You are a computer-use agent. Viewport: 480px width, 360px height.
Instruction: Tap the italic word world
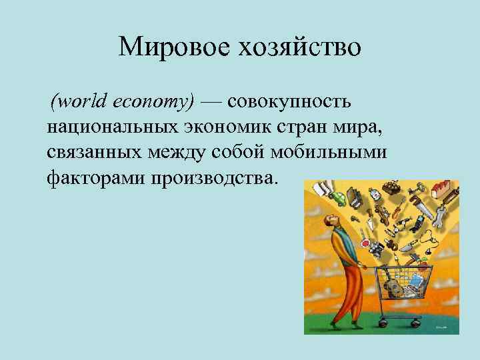(79, 101)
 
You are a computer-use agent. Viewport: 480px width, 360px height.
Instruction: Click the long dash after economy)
(212, 102)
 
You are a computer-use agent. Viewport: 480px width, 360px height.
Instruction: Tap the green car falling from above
(339, 199)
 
